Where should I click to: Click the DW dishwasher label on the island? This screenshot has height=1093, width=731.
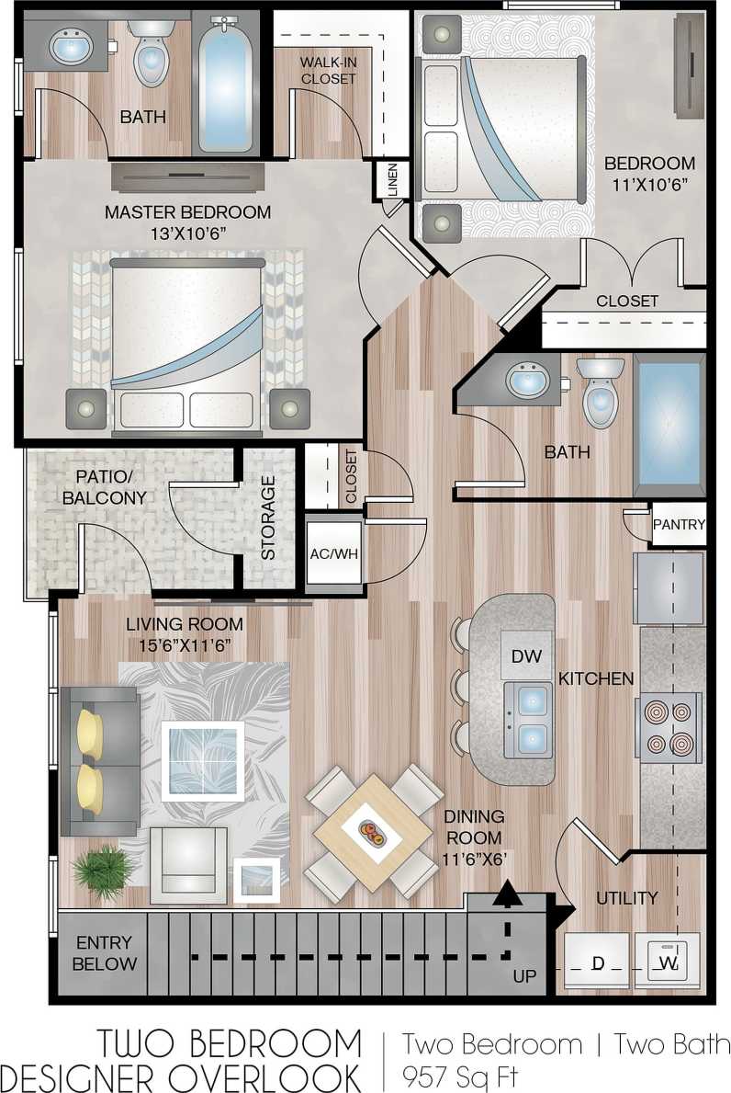point(527,655)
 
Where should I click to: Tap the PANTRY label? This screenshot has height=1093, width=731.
point(679,525)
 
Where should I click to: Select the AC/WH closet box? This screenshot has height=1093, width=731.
point(333,554)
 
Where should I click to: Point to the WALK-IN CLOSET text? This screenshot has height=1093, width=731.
point(328,71)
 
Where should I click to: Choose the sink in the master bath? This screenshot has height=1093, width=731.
point(71,45)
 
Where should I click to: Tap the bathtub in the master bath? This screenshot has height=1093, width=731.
point(225,83)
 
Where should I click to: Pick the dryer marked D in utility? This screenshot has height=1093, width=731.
point(597,962)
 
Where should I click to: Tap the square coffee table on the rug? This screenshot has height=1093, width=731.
point(202,760)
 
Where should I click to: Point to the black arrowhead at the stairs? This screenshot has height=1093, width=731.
point(504,893)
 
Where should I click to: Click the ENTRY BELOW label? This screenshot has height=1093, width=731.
point(104,953)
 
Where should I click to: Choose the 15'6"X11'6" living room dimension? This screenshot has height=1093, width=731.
point(185,645)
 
